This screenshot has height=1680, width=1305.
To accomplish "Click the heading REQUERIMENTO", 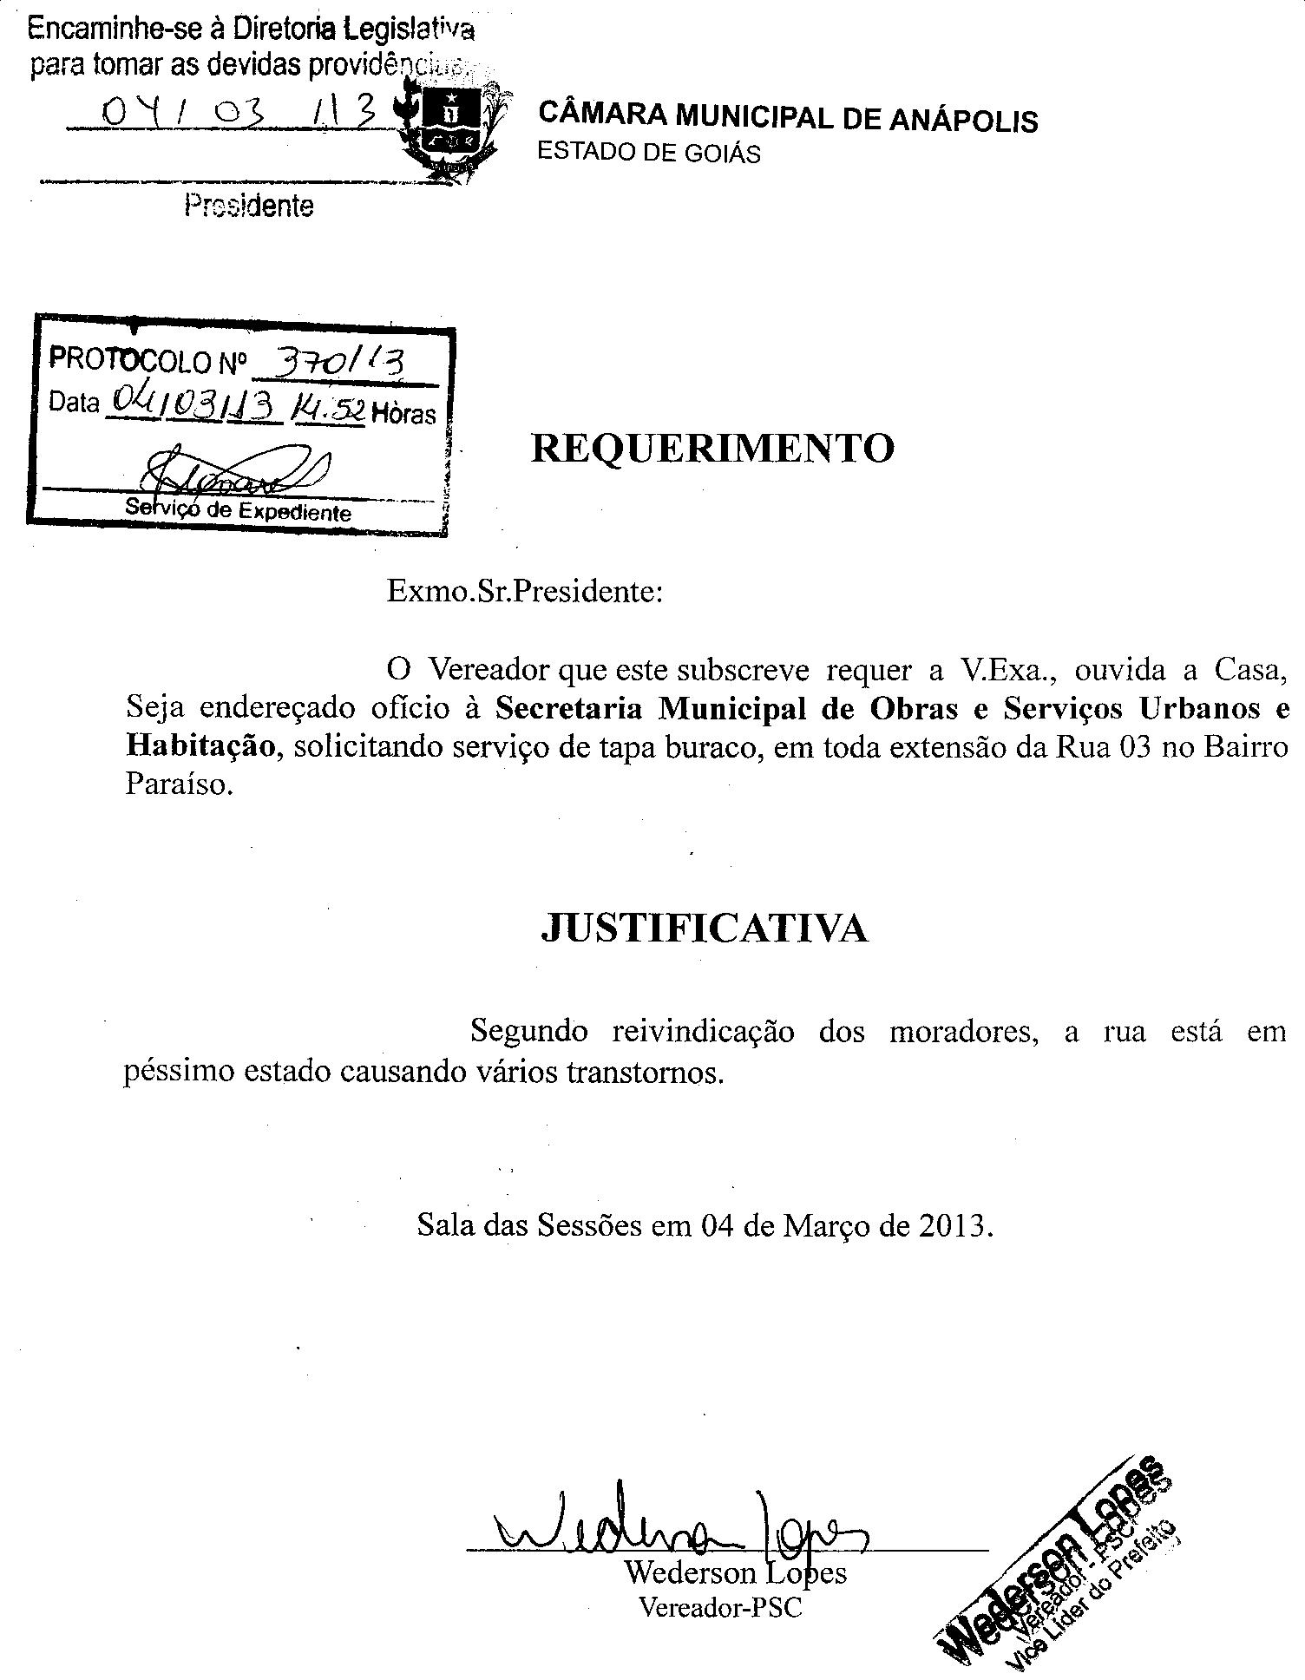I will pos(712,449).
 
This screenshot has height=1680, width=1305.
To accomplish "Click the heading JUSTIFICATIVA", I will pos(704,929).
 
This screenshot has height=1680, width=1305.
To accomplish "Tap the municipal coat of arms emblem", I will pos(449,128).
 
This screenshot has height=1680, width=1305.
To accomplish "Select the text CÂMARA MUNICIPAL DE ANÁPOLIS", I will pos(788,117).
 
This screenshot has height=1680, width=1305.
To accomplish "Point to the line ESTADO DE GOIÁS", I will pos(648,153).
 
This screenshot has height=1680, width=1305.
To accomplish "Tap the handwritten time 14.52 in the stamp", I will pos(330,410).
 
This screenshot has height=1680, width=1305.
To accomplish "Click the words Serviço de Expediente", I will pos(238,510).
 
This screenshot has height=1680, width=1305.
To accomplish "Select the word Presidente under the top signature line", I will pos(248,207).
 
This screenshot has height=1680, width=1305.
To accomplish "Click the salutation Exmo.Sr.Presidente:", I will pos(525,592).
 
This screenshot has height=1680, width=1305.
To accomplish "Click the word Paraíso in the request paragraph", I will pos(179,784).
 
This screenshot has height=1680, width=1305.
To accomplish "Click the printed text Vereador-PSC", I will pos(719,1607).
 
